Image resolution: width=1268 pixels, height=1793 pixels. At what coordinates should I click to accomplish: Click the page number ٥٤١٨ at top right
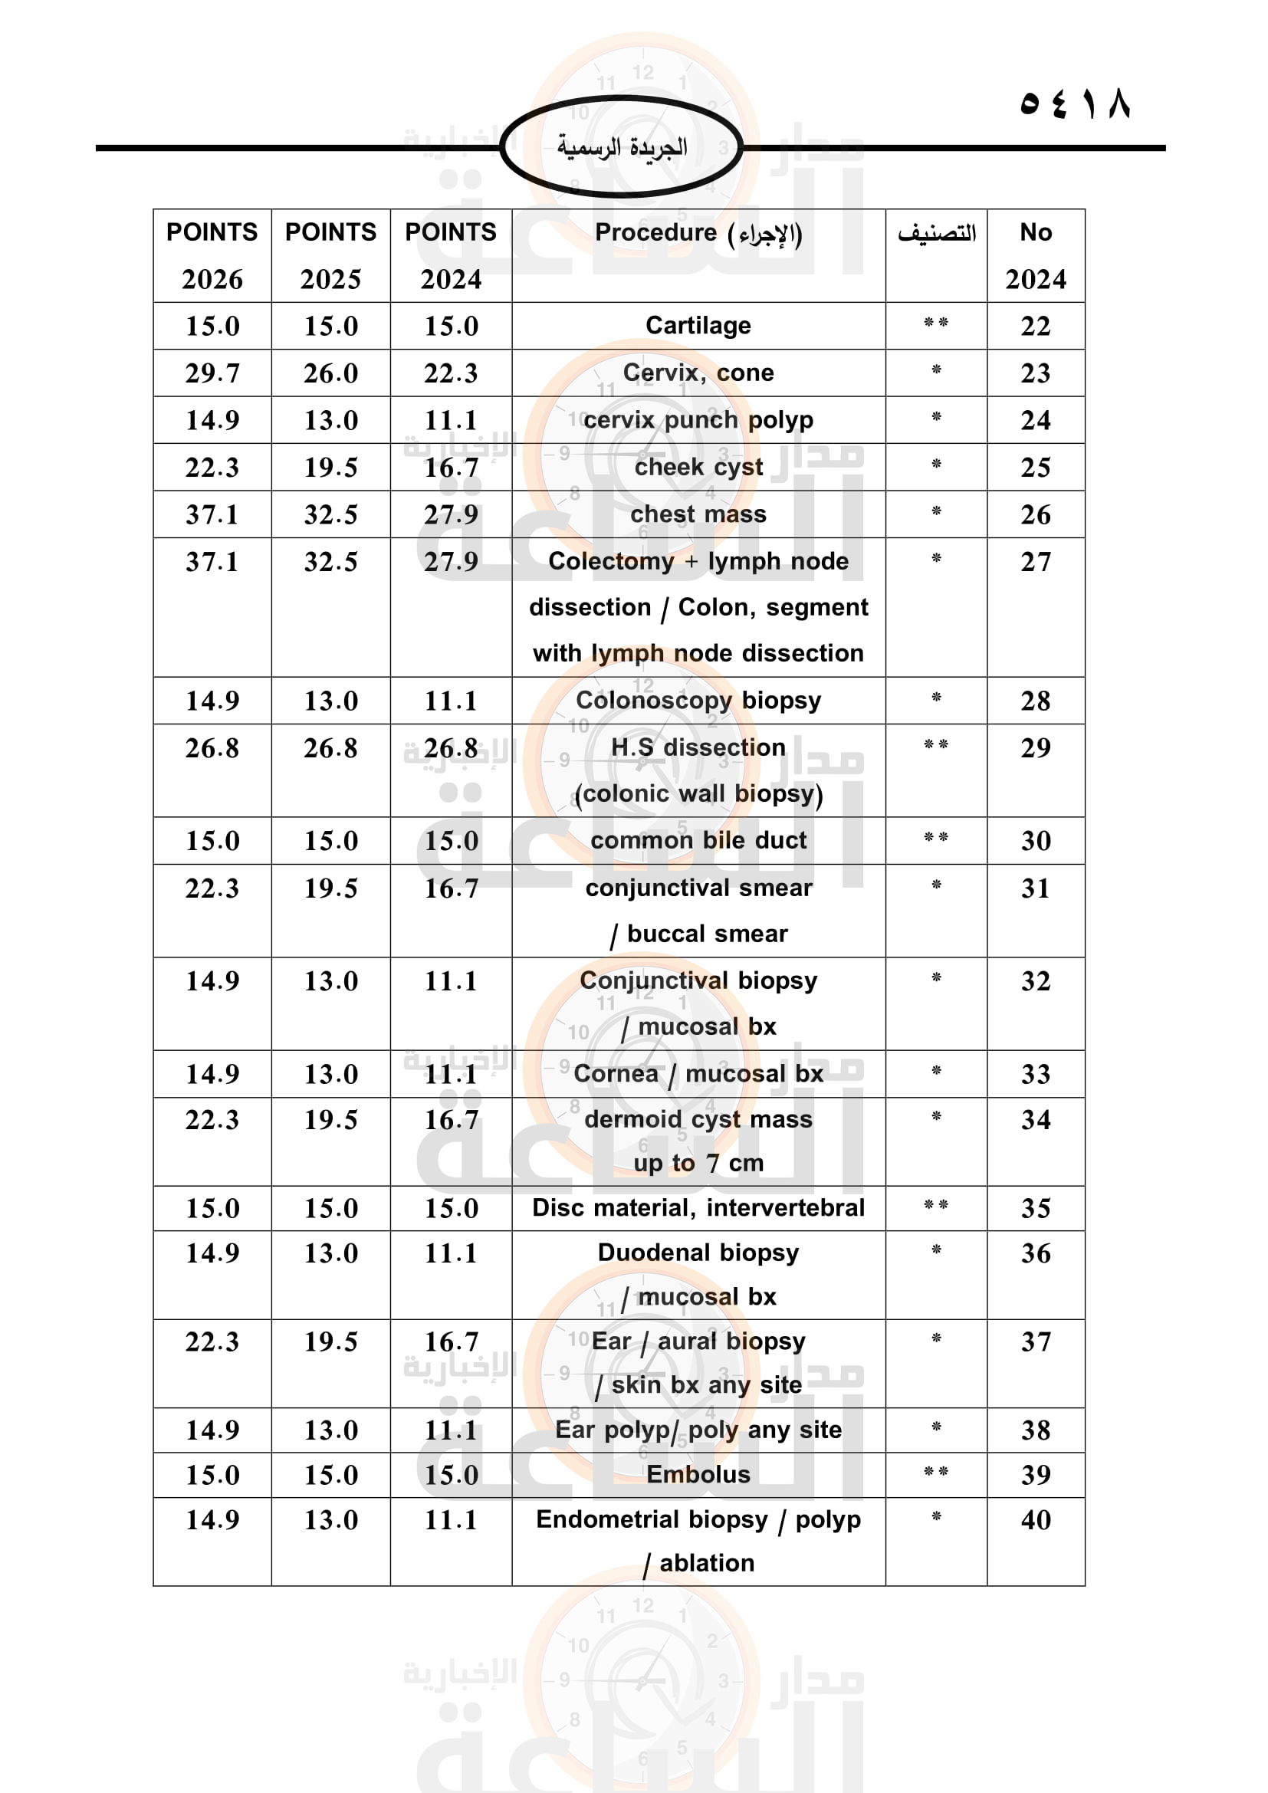1074,103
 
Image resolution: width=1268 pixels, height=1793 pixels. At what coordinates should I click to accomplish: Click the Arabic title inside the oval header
622,146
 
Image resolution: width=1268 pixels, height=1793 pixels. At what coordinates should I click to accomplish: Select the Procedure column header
698,233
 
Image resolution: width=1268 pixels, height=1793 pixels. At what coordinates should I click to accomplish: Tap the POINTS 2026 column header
212,255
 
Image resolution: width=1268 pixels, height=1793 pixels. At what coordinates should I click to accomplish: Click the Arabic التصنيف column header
935,233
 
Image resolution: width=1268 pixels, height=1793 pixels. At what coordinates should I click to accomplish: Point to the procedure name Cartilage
698,326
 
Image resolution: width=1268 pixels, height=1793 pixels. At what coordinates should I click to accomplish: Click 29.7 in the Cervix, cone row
212,373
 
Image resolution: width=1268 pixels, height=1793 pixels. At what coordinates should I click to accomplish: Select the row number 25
1035,467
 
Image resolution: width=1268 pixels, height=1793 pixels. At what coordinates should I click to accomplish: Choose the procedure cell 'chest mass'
698,514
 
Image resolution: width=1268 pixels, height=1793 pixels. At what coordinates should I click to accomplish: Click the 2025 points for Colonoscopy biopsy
330,701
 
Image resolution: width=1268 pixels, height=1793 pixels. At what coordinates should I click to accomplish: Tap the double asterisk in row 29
935,745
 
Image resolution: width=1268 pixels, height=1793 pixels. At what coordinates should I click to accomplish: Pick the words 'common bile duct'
698,840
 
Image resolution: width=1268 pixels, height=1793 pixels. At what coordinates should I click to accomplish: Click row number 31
1035,888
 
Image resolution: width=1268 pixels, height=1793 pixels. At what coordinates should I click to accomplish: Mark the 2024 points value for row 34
451,1120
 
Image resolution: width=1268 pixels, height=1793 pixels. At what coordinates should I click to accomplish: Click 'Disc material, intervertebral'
698,1208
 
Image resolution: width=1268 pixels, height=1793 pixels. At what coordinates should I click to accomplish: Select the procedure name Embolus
698,1474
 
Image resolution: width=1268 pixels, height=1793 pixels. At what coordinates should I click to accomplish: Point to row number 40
1035,1519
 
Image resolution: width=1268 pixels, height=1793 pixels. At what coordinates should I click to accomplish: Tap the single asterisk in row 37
935,1338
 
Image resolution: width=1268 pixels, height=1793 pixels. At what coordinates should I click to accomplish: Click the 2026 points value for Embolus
212,1474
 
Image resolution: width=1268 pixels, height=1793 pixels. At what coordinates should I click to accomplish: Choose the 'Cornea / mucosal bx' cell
698,1074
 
